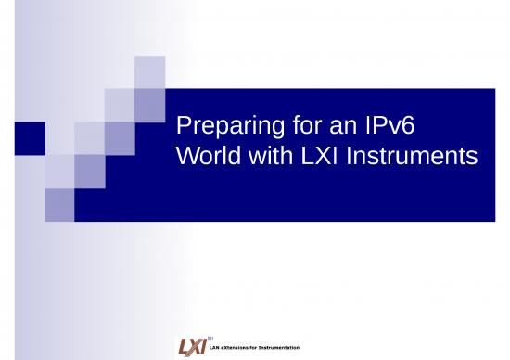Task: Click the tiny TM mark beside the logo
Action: [211, 338]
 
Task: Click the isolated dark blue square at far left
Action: [31, 137]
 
